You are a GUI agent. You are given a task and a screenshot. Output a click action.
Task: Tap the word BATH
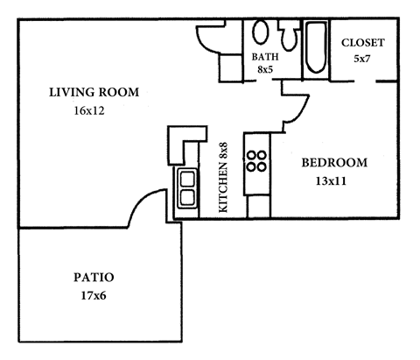click(265, 57)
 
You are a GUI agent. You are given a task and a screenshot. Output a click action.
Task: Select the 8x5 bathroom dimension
click(265, 69)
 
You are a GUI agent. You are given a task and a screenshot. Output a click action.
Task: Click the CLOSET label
click(362, 43)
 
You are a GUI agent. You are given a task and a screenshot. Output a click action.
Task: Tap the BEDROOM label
click(334, 162)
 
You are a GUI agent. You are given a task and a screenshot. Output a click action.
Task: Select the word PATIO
click(94, 278)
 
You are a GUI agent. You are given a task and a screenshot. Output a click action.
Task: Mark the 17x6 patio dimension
click(94, 296)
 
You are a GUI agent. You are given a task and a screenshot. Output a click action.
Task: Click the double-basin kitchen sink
click(187, 186)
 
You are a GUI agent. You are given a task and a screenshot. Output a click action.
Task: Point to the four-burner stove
click(257, 160)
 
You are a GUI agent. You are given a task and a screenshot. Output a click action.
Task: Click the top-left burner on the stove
click(252, 154)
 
